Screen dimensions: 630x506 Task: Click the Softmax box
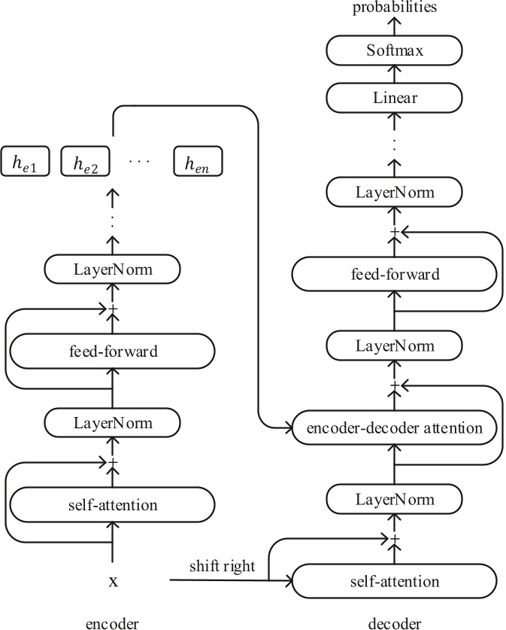pyautogui.click(x=395, y=52)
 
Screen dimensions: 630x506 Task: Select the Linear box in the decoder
pyautogui.click(x=395, y=98)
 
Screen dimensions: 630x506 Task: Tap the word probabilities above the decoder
pyautogui.click(x=395, y=8)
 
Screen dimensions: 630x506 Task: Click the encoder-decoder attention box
pyautogui.click(x=395, y=428)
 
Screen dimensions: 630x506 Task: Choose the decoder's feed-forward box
pyautogui.click(x=395, y=274)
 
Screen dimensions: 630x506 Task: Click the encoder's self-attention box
pyautogui.click(x=112, y=504)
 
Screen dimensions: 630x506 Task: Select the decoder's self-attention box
pyautogui.click(x=395, y=581)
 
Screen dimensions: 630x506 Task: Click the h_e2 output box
pyautogui.click(x=85, y=162)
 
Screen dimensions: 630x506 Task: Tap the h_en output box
pyautogui.click(x=198, y=162)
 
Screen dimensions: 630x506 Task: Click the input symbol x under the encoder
pyautogui.click(x=113, y=581)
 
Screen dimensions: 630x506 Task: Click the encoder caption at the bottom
pyautogui.click(x=113, y=622)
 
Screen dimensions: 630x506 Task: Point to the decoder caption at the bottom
pyautogui.click(x=395, y=622)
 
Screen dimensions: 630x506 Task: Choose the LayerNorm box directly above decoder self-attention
pyautogui.click(x=395, y=500)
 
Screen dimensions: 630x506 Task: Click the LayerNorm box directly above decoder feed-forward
pyautogui.click(x=395, y=193)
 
